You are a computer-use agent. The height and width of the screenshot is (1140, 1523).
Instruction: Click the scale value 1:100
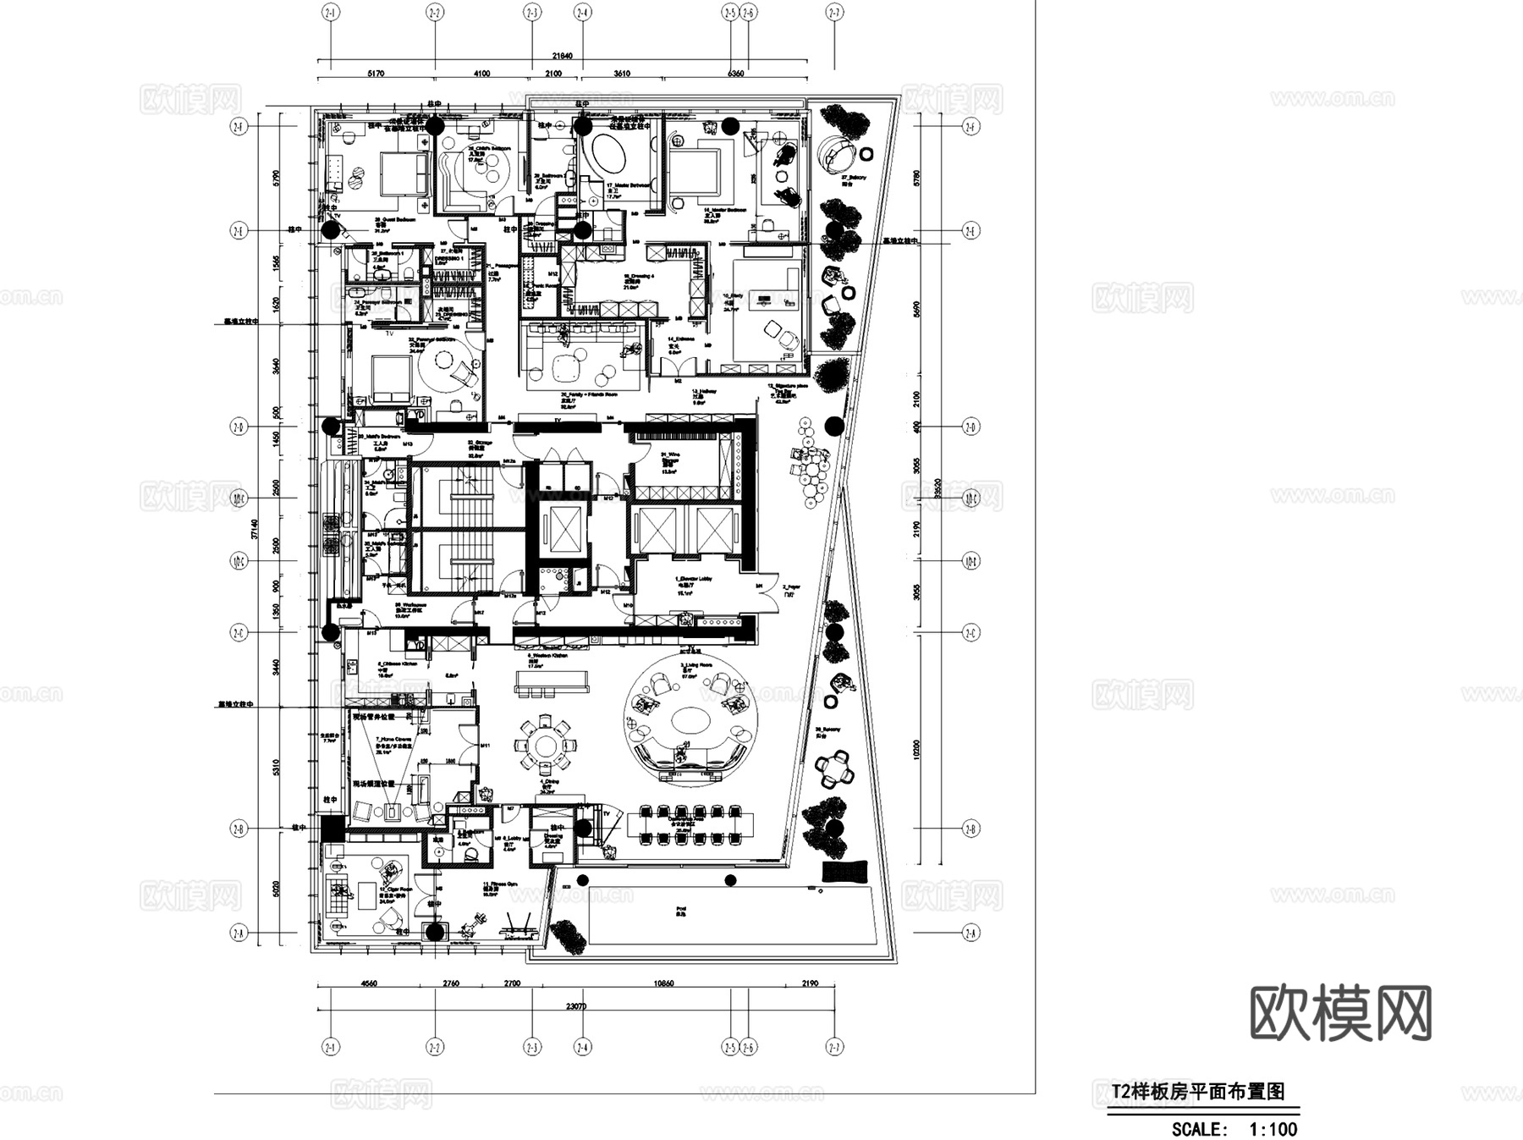pyautogui.click(x=1273, y=1128)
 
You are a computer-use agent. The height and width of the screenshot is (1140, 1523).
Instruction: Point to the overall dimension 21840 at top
pyautogui.click(x=562, y=56)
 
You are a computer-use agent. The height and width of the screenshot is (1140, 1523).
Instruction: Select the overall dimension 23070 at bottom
pyautogui.click(x=575, y=1006)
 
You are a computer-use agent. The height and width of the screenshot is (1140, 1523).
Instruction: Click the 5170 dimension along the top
pyautogui.click(x=376, y=74)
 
